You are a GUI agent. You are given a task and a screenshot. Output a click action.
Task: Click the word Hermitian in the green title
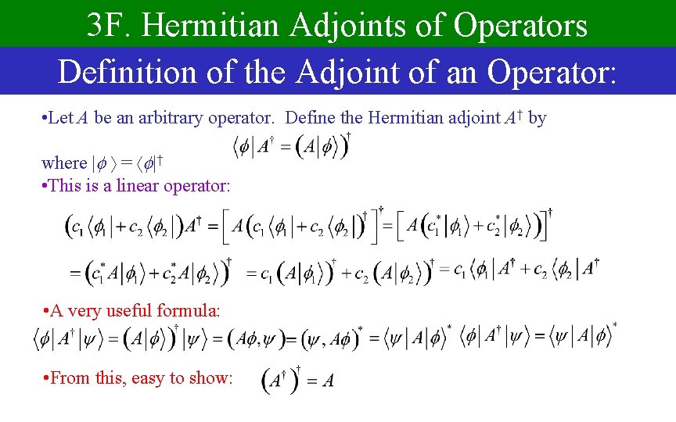tap(211, 26)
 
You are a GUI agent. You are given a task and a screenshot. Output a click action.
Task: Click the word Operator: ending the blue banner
tap(552, 72)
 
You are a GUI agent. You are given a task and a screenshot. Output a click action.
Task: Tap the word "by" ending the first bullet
tap(537, 119)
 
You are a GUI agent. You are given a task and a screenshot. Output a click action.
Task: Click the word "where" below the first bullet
tap(64, 163)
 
